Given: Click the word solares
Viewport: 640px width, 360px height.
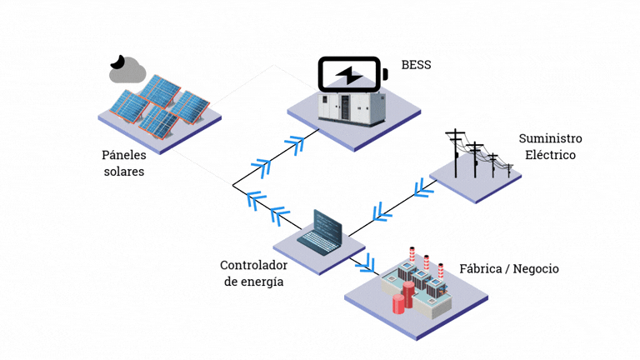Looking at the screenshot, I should (x=123, y=172).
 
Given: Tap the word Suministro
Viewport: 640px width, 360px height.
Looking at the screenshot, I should (x=550, y=138).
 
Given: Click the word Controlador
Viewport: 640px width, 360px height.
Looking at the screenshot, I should (x=253, y=266).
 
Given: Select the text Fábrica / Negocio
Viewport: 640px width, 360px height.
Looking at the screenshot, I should (x=509, y=268).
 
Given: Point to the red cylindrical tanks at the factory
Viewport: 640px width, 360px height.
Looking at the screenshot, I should (x=403, y=296).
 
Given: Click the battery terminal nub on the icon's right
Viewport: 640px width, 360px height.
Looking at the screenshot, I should (x=385, y=76).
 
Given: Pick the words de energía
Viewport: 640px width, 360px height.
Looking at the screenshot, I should (x=252, y=282).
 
